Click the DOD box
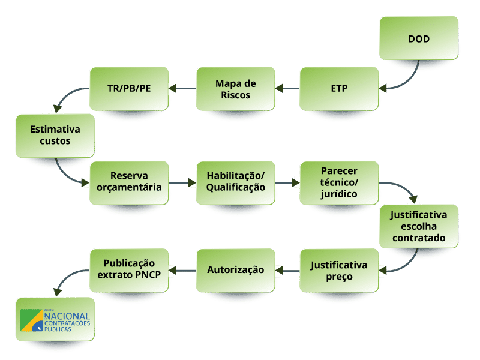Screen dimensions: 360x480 (x=419, y=40)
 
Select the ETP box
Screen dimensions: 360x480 (x=339, y=89)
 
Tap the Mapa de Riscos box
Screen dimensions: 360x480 (x=235, y=89)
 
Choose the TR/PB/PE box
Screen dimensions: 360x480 (x=128, y=89)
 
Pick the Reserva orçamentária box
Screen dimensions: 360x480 (x=128, y=181)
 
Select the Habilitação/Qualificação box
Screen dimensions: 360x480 (x=235, y=181)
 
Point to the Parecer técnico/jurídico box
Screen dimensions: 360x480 (x=339, y=181)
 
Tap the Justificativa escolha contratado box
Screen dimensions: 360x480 (x=419, y=226)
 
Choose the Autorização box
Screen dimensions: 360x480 (x=235, y=270)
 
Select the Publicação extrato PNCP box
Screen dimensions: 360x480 (x=128, y=269)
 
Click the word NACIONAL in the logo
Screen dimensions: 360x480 (x=67, y=316)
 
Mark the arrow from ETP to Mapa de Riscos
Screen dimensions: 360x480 (x=287, y=89)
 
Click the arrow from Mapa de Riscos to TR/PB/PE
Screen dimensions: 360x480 (x=182, y=89)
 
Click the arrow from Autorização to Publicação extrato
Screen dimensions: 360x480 (x=182, y=270)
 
